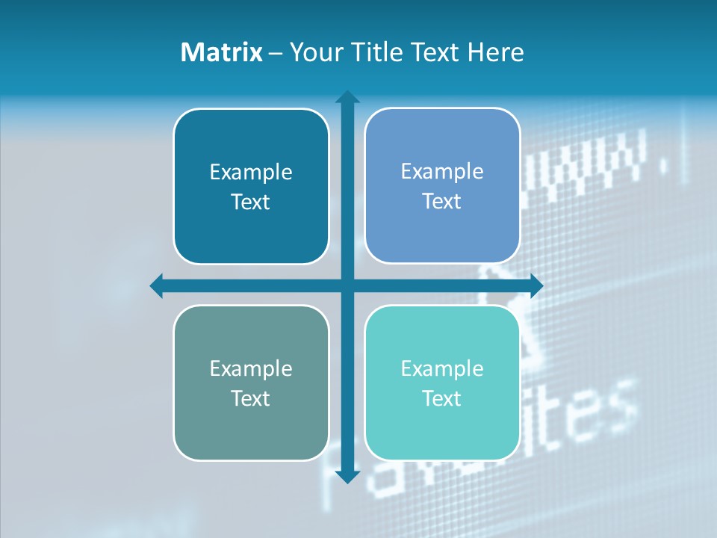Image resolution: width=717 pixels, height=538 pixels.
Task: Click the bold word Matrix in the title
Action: tap(221, 52)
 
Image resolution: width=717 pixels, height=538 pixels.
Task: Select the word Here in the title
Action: tap(496, 52)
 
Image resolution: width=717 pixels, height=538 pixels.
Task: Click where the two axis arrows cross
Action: tap(347, 285)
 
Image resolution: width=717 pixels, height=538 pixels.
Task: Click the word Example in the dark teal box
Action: tap(251, 172)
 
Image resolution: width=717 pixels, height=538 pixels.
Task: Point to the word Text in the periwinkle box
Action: tap(442, 201)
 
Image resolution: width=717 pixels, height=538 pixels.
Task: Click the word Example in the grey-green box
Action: tap(251, 368)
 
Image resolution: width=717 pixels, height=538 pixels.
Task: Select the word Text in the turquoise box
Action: tap(442, 398)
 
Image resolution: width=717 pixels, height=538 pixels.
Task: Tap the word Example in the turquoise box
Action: tap(442, 368)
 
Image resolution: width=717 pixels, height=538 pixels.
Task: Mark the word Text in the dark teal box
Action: tap(251, 202)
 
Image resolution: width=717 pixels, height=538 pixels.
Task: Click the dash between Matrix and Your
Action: tap(276, 53)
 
